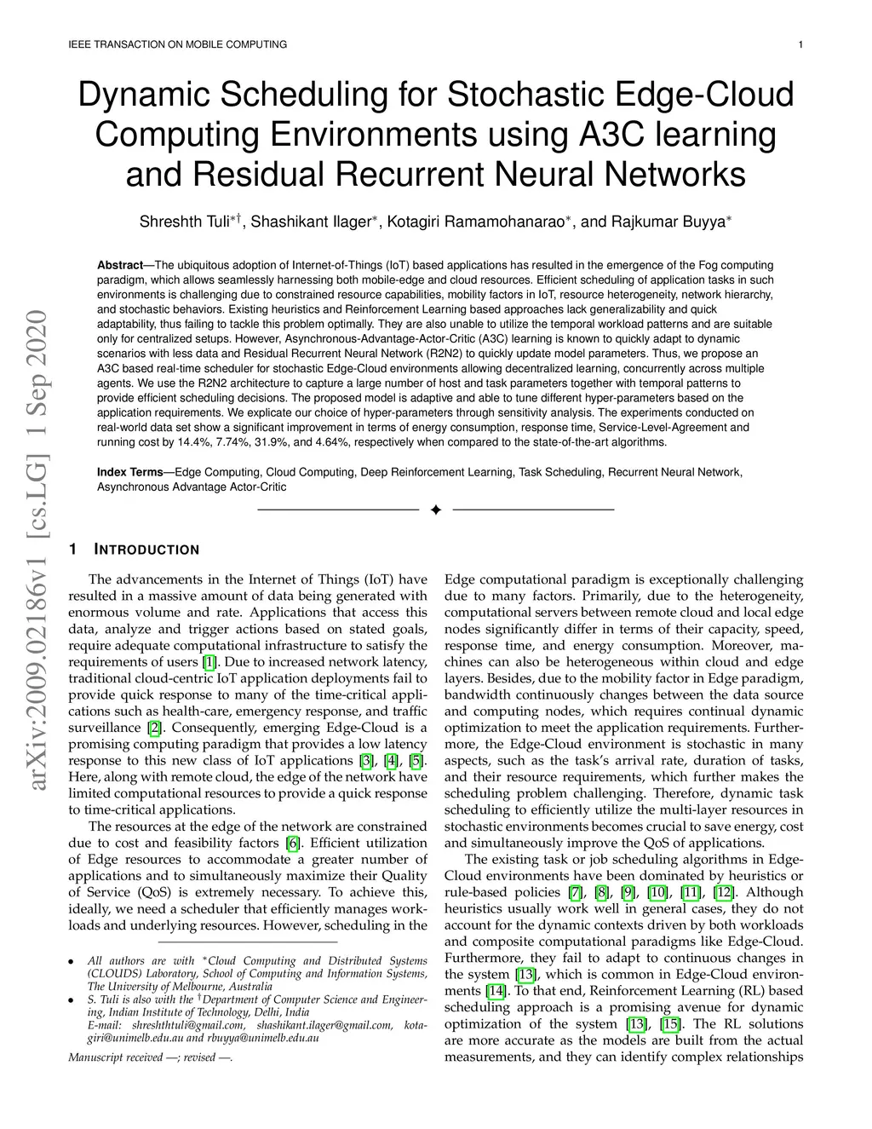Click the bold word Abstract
tap(120, 265)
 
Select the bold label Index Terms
tap(130, 472)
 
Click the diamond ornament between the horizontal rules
tap(435, 510)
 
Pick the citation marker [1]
tap(209, 662)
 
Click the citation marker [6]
tap(292, 844)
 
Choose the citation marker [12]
tap(724, 892)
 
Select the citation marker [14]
tap(496, 991)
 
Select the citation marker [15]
tap(670, 1024)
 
